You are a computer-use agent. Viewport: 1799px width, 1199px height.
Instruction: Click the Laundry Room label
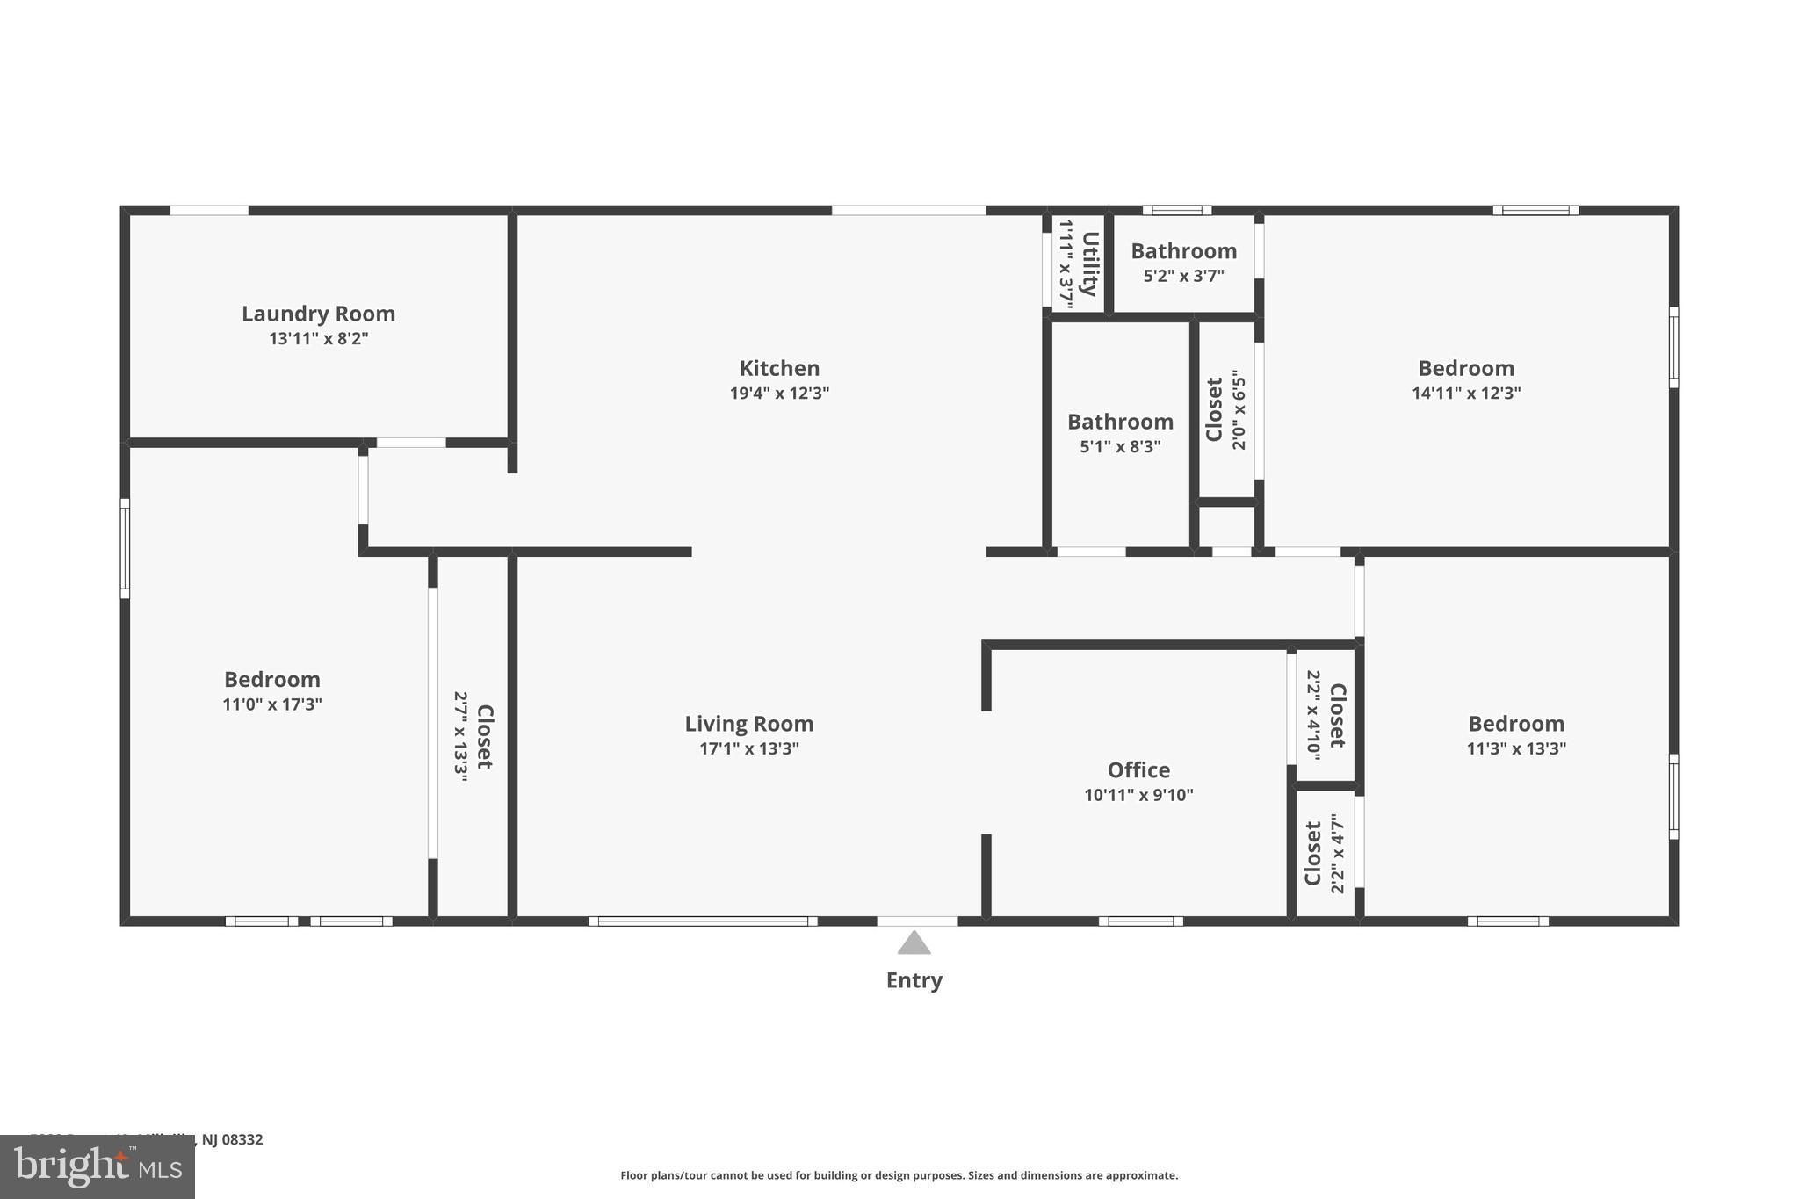click(x=318, y=314)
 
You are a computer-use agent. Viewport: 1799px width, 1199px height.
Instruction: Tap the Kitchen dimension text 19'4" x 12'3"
click(x=779, y=393)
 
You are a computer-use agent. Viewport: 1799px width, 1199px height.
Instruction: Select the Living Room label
click(x=748, y=724)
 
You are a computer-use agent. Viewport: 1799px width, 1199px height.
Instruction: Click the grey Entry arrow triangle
click(x=914, y=943)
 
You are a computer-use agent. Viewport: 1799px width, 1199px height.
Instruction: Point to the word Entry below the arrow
click(x=914, y=980)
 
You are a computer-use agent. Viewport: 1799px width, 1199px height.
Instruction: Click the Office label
click(x=1138, y=770)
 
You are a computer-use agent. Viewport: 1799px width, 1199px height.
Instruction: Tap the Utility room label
click(x=1089, y=264)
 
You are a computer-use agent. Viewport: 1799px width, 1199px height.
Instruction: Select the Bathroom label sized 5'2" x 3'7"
click(x=1183, y=251)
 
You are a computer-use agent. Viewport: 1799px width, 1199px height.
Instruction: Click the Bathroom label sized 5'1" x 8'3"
click(x=1120, y=422)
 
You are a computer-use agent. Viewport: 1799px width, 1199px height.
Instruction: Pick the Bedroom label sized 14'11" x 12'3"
click(x=1465, y=368)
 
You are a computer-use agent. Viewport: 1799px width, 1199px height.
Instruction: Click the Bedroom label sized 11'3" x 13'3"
click(x=1516, y=724)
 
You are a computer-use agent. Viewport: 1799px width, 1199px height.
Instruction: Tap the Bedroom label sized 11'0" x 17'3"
click(x=271, y=679)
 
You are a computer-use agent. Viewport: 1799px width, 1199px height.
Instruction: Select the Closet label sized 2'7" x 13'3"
click(x=484, y=736)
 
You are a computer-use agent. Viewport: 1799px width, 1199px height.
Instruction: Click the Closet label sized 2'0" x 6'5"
click(x=1215, y=409)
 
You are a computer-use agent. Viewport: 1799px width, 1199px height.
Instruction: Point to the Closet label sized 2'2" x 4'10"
click(x=1337, y=715)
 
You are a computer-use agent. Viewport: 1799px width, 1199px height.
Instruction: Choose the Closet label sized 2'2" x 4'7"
click(x=1313, y=853)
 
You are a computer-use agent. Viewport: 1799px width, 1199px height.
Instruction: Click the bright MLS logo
click(x=97, y=1166)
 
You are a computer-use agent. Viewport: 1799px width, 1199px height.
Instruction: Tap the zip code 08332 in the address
click(x=242, y=1139)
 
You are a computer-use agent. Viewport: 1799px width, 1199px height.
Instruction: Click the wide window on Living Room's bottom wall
click(x=703, y=921)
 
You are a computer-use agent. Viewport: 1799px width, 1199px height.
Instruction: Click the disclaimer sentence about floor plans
click(x=899, y=1175)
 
